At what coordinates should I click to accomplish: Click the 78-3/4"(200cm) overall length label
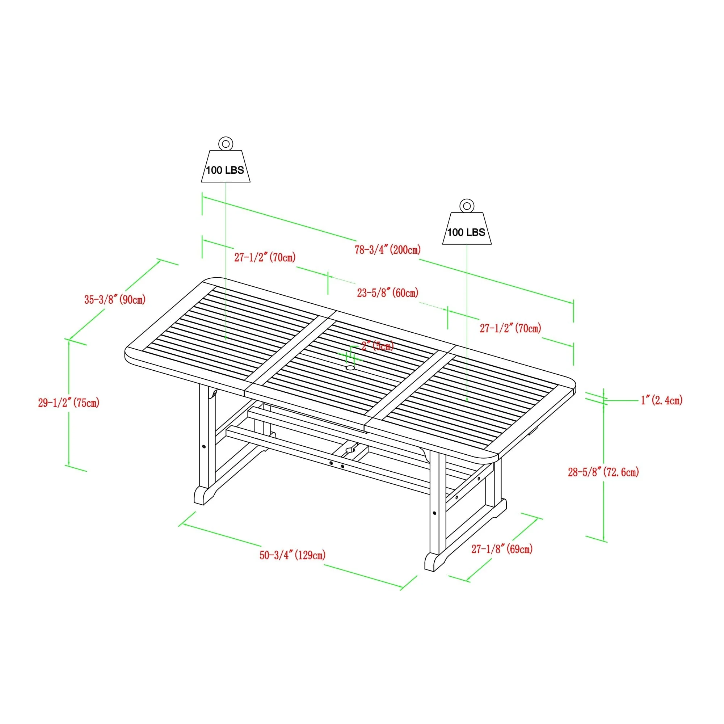pos(388,249)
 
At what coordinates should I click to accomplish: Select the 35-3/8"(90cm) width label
pos(115,300)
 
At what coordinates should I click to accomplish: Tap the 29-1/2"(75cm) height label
pos(68,403)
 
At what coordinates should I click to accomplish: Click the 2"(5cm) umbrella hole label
pos(377,346)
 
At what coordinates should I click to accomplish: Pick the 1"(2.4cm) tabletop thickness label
pos(661,400)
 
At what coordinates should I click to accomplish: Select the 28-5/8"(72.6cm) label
pos(603,472)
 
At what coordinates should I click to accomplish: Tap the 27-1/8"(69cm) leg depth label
pos(502,549)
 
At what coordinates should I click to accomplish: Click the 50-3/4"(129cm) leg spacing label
pos(292,555)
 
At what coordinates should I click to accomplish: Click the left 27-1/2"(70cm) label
pos(265,257)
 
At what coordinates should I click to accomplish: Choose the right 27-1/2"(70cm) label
pos(510,328)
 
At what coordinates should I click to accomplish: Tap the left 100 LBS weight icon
pos(225,167)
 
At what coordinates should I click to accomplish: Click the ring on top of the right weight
pos(467,205)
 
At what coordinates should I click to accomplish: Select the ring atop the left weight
pos(226,143)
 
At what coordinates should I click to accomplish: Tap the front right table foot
pos(435,562)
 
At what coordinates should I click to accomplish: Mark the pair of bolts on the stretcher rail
pos(337,465)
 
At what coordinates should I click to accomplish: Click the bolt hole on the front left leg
pos(203,447)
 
